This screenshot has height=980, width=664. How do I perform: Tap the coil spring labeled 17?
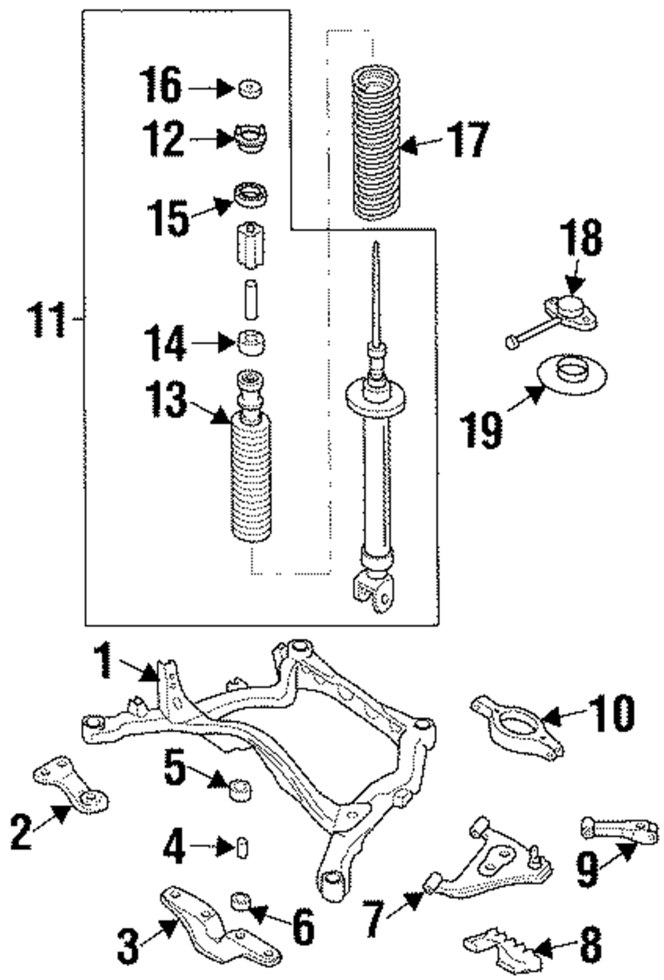376,143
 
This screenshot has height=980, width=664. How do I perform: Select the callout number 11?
46,320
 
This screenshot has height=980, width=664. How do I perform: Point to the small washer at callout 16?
250,89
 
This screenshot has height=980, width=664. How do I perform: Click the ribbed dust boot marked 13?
251,455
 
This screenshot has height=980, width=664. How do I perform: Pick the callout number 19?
481,431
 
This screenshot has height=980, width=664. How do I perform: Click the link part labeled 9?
619,828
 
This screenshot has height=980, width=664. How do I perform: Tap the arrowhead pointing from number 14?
226,342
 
